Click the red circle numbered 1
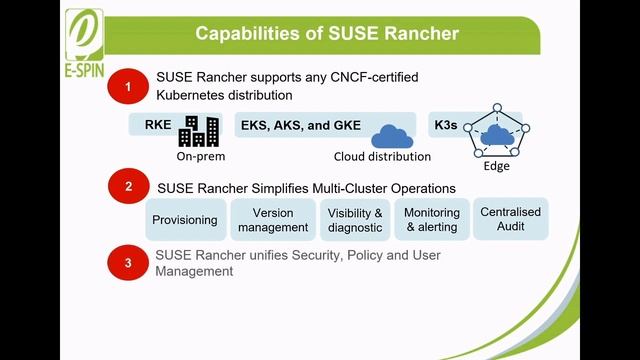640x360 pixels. [x=128, y=88]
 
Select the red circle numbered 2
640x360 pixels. [x=128, y=187]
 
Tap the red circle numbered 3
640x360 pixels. [x=128, y=263]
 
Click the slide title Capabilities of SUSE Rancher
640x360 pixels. [x=327, y=34]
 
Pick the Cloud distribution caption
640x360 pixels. [x=382, y=157]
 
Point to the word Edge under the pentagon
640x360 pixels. [x=496, y=167]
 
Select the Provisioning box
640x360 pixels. [x=185, y=220]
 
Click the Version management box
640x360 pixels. [x=273, y=220]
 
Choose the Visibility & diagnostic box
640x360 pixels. [x=356, y=220]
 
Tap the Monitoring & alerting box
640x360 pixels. [x=432, y=220]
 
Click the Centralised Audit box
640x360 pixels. [x=511, y=220]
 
